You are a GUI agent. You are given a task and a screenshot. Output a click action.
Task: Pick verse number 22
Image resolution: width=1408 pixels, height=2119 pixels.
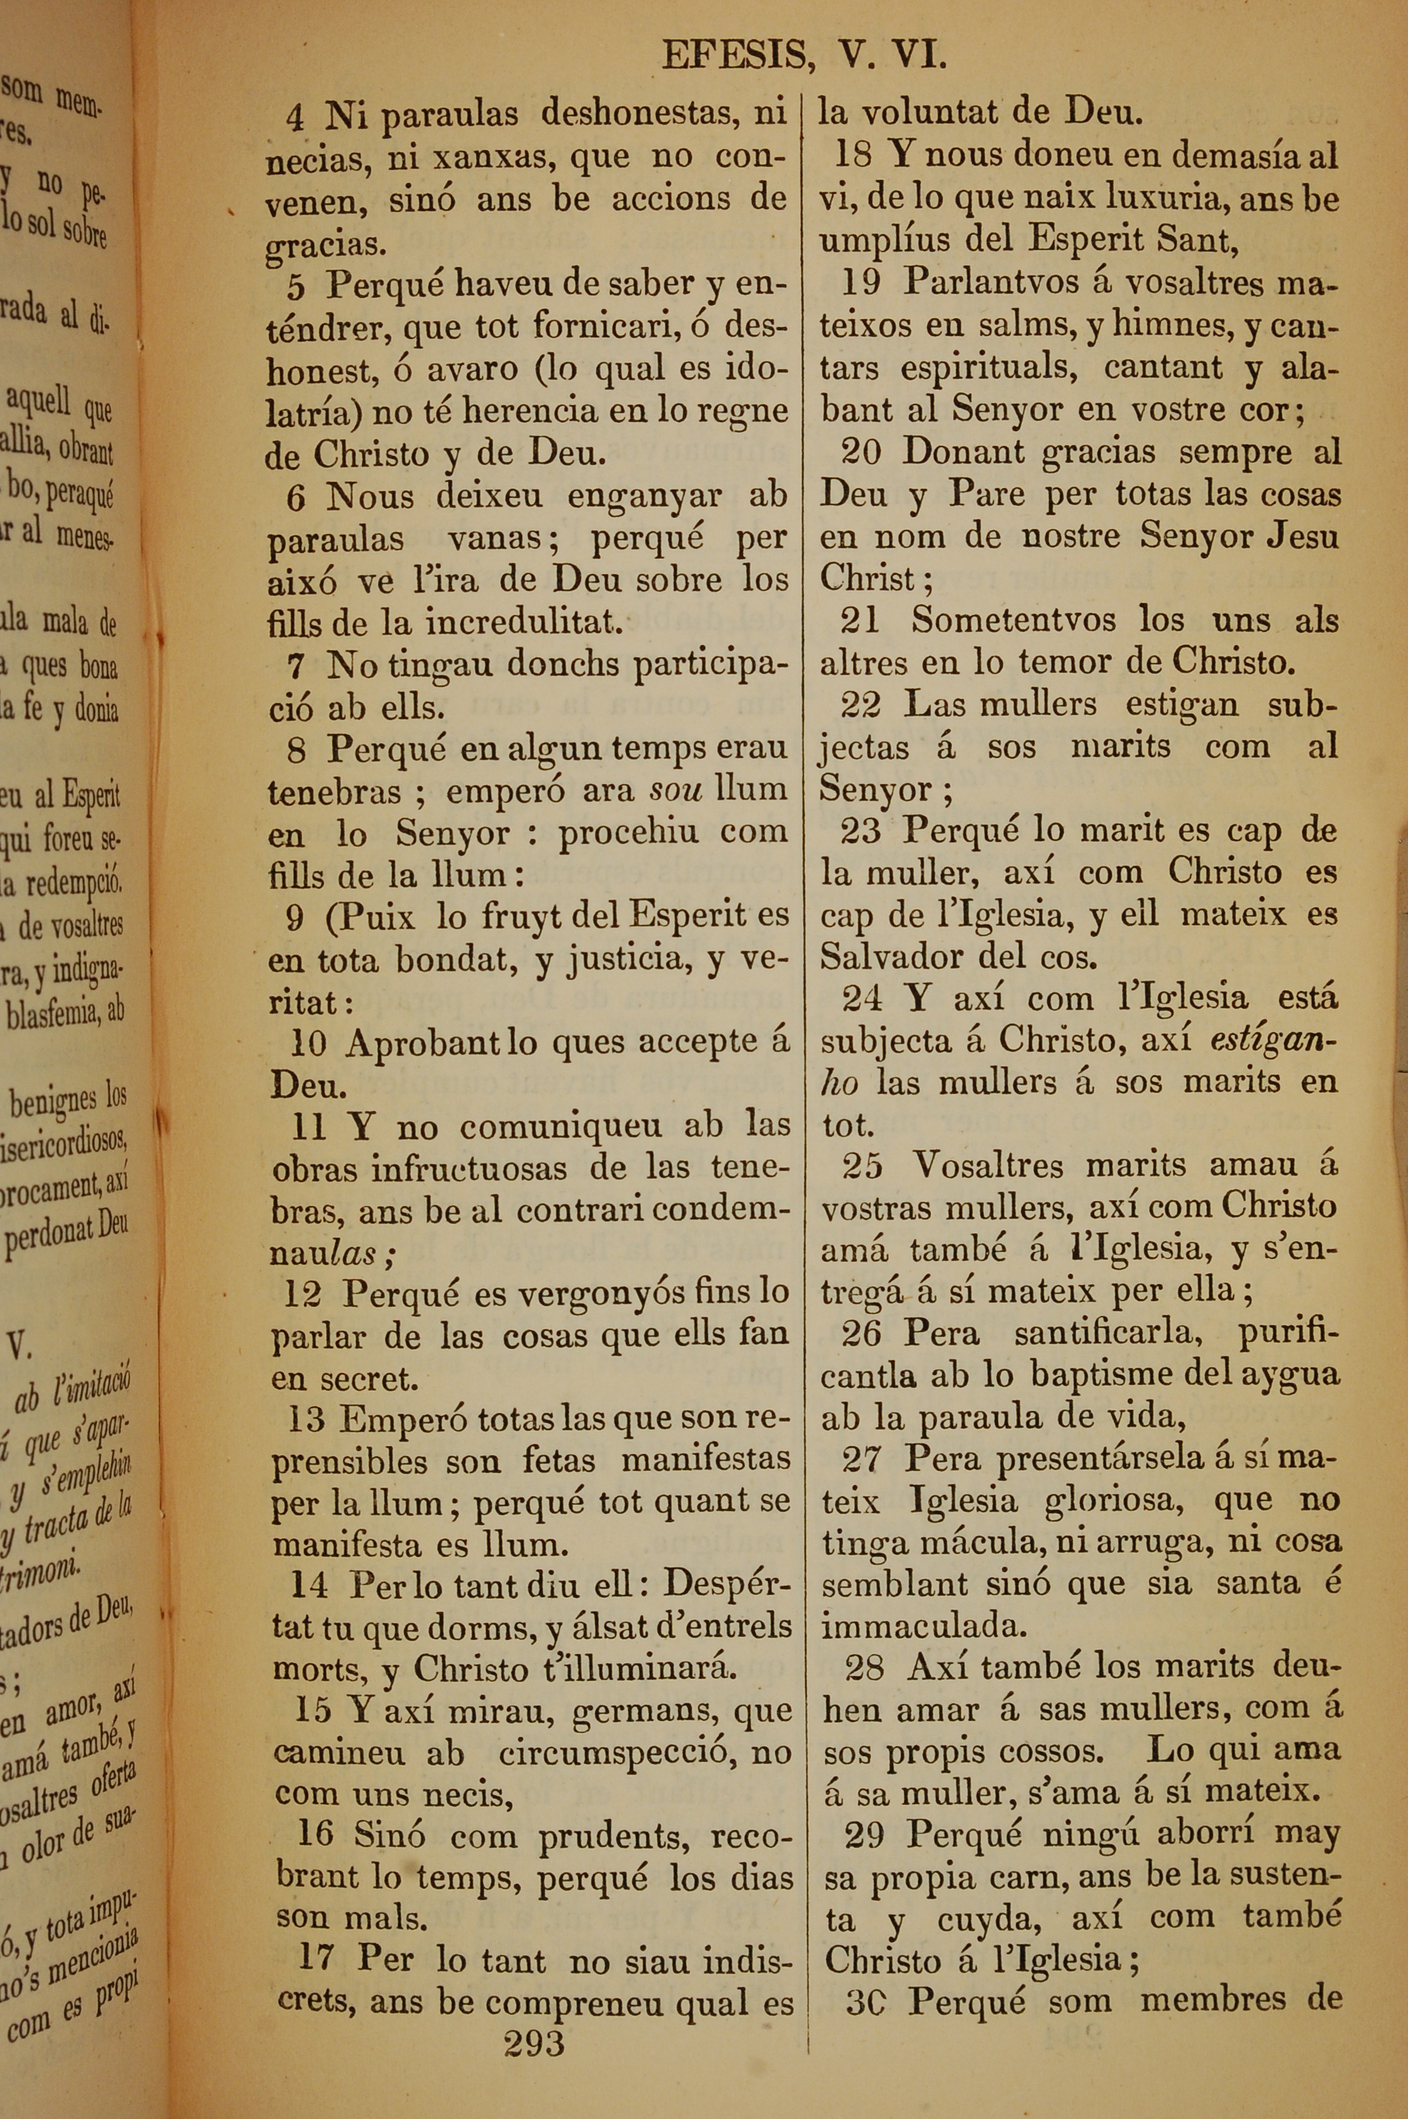point(860,705)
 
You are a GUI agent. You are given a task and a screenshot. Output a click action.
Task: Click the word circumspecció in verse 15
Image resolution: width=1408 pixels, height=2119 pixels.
point(620,1754)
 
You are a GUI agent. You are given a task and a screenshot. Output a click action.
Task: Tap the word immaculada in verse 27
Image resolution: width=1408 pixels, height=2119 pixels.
point(922,1626)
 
